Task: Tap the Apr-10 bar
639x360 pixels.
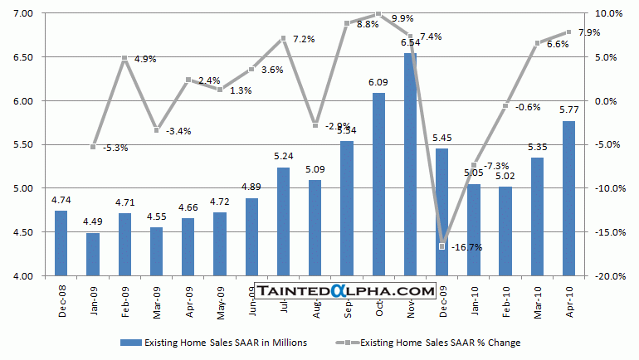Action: pyautogui.click(x=568, y=198)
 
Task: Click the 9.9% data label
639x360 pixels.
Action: pyautogui.click(x=402, y=18)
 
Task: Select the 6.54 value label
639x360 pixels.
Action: pyautogui.click(x=410, y=42)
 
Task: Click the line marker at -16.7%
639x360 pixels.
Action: pyautogui.click(x=441, y=246)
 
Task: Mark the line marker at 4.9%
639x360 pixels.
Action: pyautogui.click(x=124, y=58)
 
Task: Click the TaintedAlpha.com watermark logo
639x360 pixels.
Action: pyautogui.click(x=345, y=290)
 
